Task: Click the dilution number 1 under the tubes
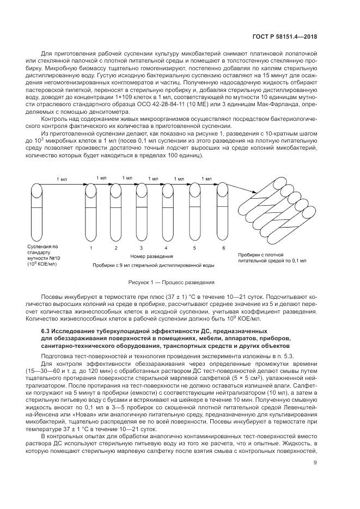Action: (x=90, y=248)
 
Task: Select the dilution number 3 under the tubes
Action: (x=142, y=248)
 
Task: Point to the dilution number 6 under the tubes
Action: (x=223, y=248)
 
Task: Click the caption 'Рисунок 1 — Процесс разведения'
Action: (x=171, y=283)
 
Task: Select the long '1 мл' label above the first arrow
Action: (x=62, y=179)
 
